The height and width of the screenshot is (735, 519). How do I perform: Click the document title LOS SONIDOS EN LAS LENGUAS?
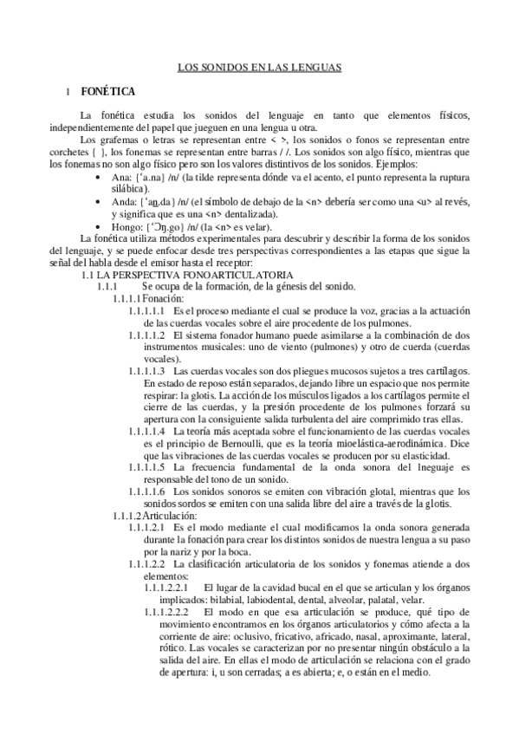(x=260, y=66)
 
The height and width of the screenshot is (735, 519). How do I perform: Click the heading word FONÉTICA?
(x=107, y=89)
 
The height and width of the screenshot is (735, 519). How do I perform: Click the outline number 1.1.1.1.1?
(x=146, y=310)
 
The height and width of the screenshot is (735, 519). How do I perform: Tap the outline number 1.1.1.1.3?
(x=146, y=370)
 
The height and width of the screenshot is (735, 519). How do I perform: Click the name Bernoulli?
(x=248, y=443)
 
